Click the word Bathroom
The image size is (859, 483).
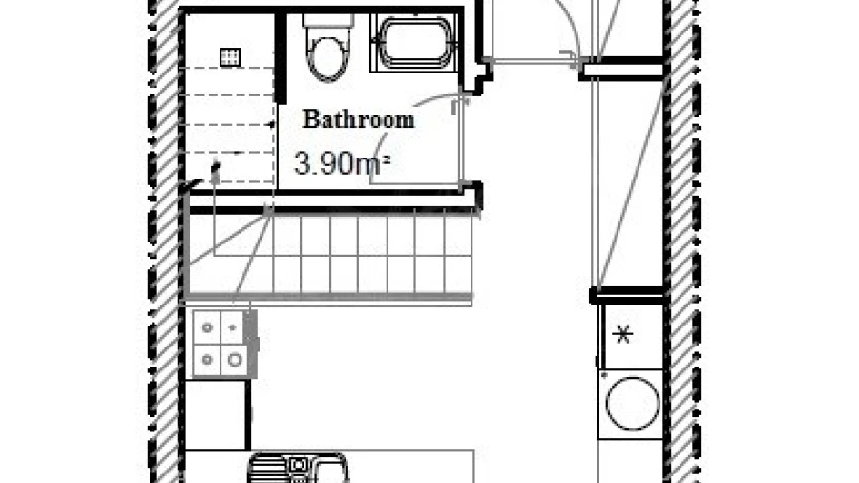(x=358, y=119)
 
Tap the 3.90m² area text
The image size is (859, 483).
(x=342, y=163)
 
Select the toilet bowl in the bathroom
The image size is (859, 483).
(x=327, y=58)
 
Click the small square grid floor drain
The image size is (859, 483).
(x=229, y=57)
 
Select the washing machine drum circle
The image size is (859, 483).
(x=633, y=404)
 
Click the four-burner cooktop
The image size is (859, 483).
(x=221, y=344)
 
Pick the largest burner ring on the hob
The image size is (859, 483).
(x=235, y=360)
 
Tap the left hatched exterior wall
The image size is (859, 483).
(x=164, y=241)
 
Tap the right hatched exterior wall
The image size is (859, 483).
(x=682, y=241)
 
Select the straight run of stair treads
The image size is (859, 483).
(x=372, y=255)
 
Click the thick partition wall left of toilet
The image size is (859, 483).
(x=281, y=58)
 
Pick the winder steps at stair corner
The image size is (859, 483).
(x=230, y=255)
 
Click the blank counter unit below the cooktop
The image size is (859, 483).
(x=216, y=414)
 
